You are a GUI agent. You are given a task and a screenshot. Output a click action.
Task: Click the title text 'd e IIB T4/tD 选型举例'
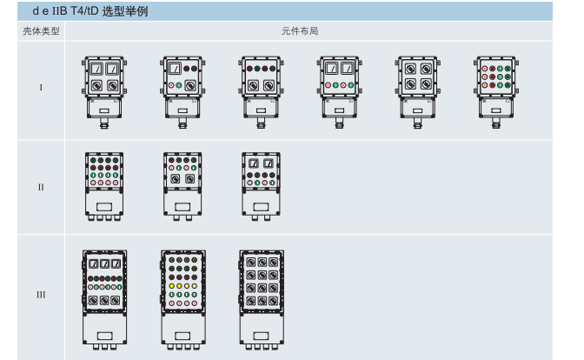pyautogui.click(x=90, y=11)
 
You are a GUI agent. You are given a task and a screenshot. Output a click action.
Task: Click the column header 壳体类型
pyautogui.click(x=41, y=31)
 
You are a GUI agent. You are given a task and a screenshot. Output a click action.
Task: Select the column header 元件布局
pyautogui.click(x=300, y=31)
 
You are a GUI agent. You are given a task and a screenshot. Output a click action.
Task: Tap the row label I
pyautogui.click(x=41, y=88)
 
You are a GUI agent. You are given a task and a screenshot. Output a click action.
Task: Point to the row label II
pyautogui.click(x=41, y=187)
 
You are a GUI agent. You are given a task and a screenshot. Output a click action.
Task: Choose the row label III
pyautogui.click(x=41, y=295)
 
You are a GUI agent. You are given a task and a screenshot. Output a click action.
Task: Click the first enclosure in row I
pyautogui.click(x=104, y=92)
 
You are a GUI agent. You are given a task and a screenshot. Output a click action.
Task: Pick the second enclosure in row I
pyautogui.click(x=182, y=92)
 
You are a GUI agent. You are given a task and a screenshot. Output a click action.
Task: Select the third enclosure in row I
pyautogui.click(x=261, y=92)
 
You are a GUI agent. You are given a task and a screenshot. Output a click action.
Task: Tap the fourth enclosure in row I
pyautogui.click(x=339, y=92)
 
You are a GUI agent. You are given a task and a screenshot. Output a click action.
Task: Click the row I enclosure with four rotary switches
pyautogui.click(x=418, y=92)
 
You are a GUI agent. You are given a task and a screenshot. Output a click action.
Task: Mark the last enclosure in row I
pyautogui.click(x=496, y=92)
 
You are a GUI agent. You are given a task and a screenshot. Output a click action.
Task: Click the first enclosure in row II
pyautogui.click(x=104, y=186)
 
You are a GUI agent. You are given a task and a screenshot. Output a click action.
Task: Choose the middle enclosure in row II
pyautogui.click(x=182, y=186)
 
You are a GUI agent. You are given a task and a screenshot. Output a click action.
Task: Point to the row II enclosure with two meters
pyautogui.click(x=261, y=186)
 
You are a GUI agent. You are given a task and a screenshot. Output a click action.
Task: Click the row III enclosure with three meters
pyautogui.click(x=104, y=300)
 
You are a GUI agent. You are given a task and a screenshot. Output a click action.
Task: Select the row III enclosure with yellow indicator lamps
pyautogui.click(x=182, y=300)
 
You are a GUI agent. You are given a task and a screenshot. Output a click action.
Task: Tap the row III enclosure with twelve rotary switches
pyautogui.click(x=262, y=300)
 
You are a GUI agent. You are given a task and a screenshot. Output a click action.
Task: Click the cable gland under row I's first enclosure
pyautogui.click(x=104, y=123)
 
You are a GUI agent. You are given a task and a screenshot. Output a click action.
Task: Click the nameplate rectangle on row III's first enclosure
pyautogui.click(x=104, y=336)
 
